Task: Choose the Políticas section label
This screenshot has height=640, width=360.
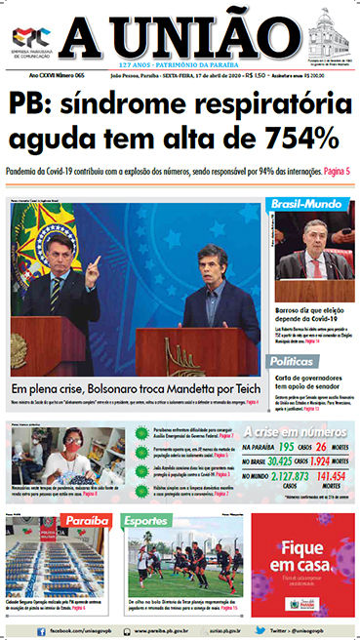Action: tap(298, 361)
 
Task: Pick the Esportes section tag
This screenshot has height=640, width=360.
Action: tap(146, 521)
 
